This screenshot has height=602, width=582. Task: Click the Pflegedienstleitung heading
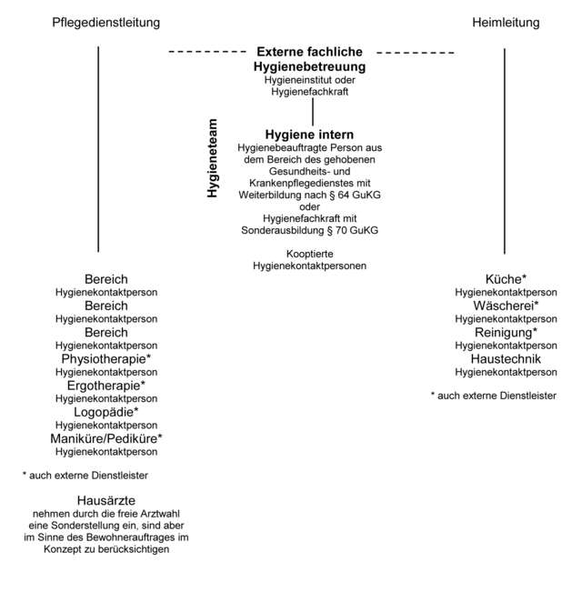click(x=106, y=23)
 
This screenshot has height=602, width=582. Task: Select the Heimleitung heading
click(x=506, y=22)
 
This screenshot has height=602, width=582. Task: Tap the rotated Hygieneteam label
click(x=212, y=158)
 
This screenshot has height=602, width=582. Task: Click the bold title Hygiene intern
click(x=309, y=135)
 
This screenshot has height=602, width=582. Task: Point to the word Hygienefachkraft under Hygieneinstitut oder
click(x=310, y=92)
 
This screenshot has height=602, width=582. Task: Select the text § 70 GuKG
click(x=353, y=230)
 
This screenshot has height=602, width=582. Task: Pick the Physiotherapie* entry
click(x=106, y=359)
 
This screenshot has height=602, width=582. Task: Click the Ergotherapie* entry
click(x=106, y=386)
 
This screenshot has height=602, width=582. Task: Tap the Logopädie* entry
click(x=106, y=412)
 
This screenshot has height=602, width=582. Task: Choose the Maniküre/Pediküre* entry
click(x=106, y=438)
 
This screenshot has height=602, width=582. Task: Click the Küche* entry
click(x=506, y=279)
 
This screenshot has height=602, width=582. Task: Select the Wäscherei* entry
click(x=506, y=306)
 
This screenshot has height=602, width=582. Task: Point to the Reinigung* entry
click(x=506, y=333)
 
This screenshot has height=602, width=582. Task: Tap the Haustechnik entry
click(x=506, y=359)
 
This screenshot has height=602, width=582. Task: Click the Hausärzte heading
click(x=106, y=501)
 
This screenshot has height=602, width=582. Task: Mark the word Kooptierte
click(x=310, y=254)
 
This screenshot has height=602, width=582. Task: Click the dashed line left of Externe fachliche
click(x=207, y=52)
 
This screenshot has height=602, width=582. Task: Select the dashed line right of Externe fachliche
click(x=416, y=53)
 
